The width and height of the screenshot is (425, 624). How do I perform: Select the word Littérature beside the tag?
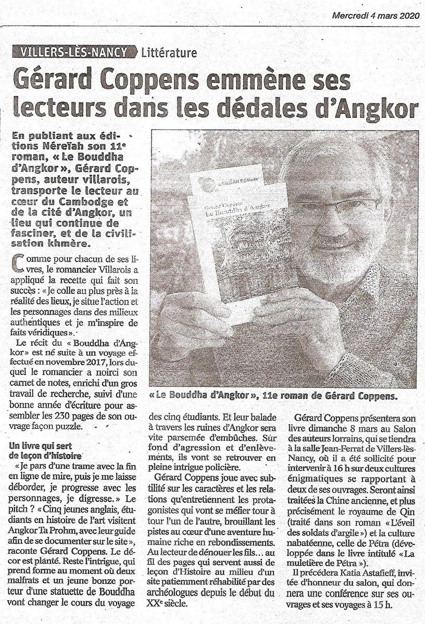(x=169, y=53)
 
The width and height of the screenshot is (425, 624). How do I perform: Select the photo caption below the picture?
(x=273, y=396)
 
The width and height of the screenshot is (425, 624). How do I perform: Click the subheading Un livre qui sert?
(x=42, y=446)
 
